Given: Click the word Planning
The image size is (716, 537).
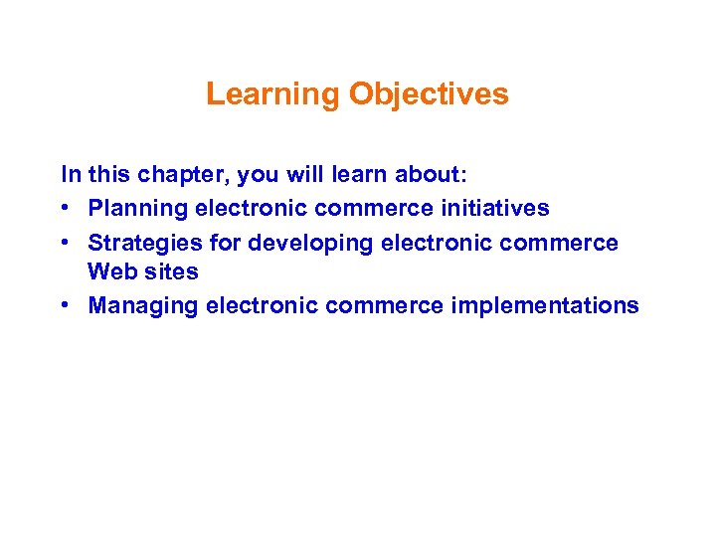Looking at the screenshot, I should pyautogui.click(x=137, y=208).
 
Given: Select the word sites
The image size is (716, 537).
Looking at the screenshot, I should pyautogui.click(x=170, y=270).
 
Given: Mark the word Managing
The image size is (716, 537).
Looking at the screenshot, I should pyautogui.click(x=143, y=305).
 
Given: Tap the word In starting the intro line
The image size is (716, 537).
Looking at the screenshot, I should pyautogui.click(x=71, y=175).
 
